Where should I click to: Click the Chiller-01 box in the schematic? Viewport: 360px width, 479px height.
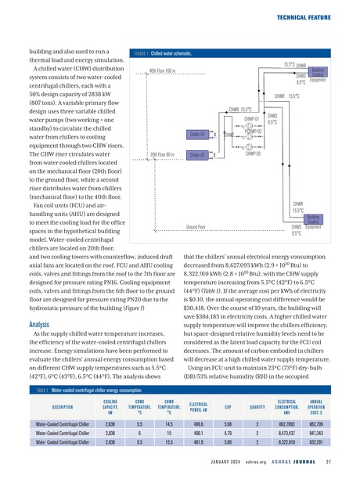click(x=197, y=134)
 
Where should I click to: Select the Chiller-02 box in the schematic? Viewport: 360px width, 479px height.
click(x=197, y=154)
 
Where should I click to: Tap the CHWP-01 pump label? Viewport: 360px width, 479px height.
click(x=252, y=120)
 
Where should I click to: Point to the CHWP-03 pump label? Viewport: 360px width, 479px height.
click(x=252, y=154)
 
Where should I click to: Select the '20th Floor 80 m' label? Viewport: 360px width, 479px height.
click(x=166, y=154)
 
